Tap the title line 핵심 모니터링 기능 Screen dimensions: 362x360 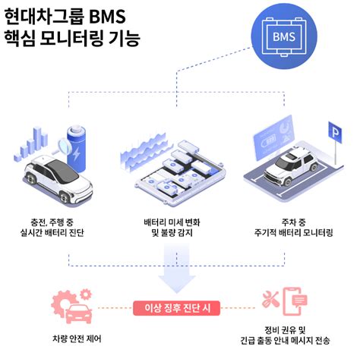72,36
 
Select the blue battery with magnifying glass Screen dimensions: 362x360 82,143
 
